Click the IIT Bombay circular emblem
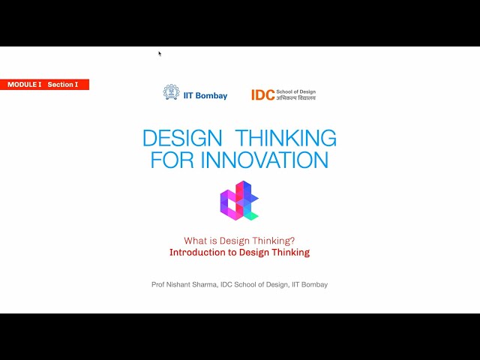click(171, 92)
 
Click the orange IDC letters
click(262, 95)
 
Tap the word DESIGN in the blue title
click(182, 138)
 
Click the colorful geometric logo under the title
click(238, 201)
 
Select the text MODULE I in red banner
click(25, 85)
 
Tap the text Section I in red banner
click(62, 85)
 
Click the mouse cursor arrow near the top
click(160, 53)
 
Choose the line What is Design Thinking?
click(239, 241)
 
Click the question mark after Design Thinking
click(292, 241)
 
